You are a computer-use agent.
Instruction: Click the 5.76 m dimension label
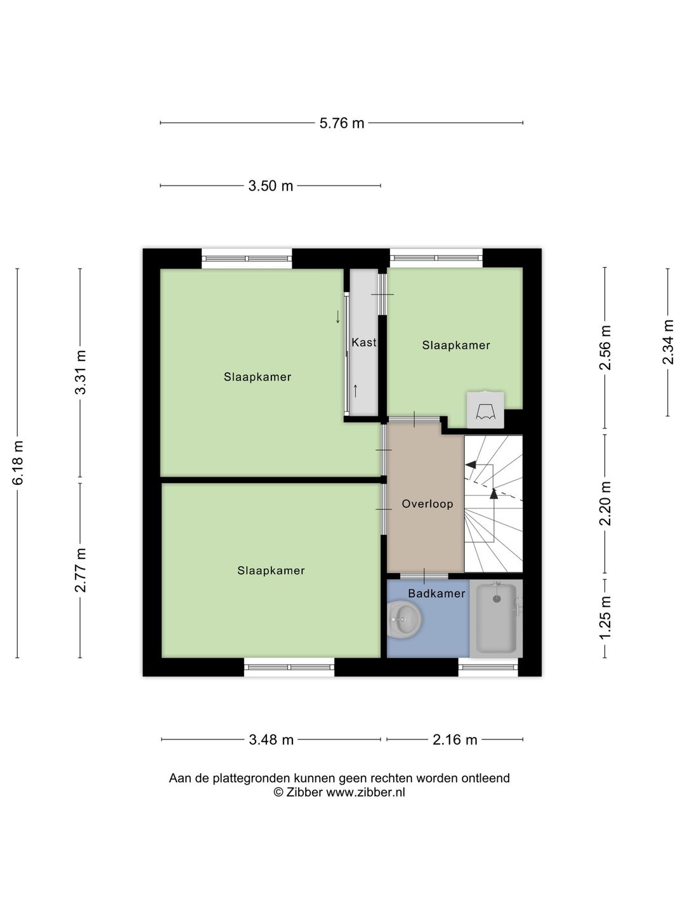click(341, 123)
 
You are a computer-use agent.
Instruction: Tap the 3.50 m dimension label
click(270, 186)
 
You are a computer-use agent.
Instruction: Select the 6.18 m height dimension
click(18, 462)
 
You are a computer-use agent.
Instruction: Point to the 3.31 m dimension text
click(81, 372)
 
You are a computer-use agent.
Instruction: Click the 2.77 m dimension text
click(81, 570)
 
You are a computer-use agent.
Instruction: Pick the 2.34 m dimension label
click(667, 342)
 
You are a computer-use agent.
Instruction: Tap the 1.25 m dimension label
click(605, 617)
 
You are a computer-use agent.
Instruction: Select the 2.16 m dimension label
click(455, 739)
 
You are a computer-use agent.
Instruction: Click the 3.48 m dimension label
click(271, 739)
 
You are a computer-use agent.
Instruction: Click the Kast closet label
click(364, 342)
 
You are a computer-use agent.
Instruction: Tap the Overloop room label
click(427, 504)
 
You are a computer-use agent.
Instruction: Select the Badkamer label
click(436, 593)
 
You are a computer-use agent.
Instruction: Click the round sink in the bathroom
click(404, 619)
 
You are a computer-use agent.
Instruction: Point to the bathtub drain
click(497, 599)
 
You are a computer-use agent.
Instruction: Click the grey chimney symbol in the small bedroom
click(485, 410)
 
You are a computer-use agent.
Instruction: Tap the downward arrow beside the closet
click(337, 317)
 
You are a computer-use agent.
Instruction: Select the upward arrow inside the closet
click(355, 391)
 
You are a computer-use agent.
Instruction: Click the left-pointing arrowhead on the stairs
click(471, 464)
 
